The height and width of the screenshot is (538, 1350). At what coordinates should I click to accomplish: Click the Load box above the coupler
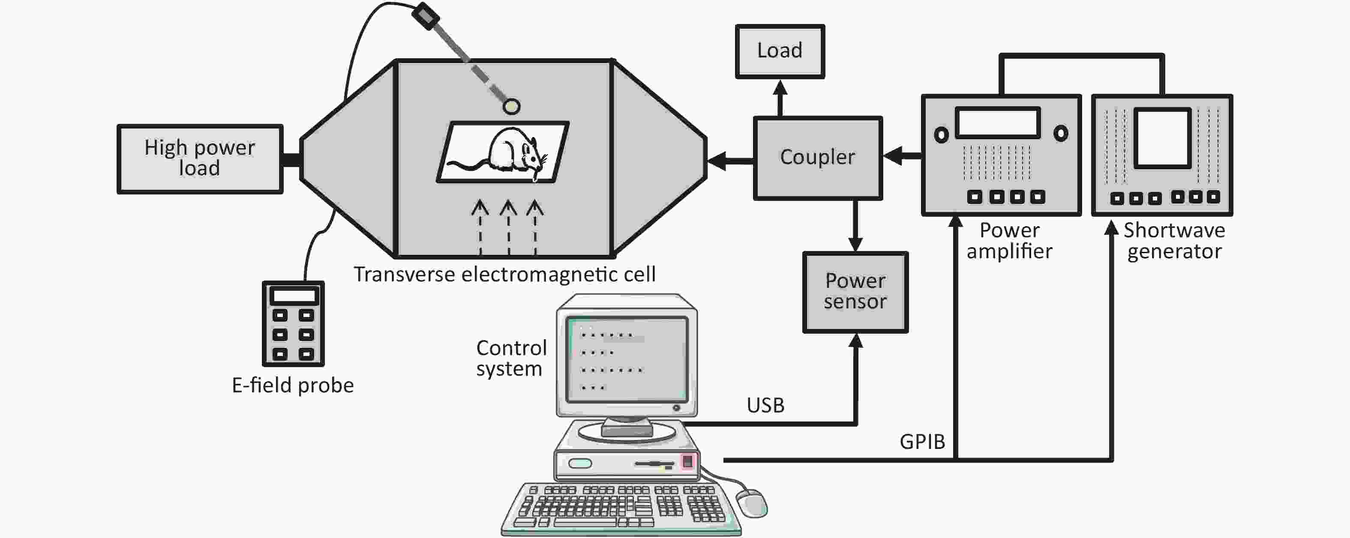(x=780, y=51)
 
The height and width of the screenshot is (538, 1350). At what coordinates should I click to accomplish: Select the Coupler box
(x=818, y=158)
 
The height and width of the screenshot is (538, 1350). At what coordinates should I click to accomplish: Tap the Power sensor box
(x=855, y=292)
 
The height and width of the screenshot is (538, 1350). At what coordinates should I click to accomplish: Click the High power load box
(x=200, y=159)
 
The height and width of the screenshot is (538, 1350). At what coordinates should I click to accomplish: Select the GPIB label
(x=922, y=442)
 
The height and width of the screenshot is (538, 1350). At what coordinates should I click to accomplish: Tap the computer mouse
(x=752, y=502)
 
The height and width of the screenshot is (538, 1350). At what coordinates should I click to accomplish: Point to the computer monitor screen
(x=627, y=359)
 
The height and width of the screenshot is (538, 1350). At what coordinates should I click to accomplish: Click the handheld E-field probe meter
(x=293, y=323)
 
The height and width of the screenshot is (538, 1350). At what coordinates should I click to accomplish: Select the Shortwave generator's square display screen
(x=1162, y=138)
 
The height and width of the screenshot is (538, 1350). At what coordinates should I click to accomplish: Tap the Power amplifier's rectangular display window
(x=998, y=123)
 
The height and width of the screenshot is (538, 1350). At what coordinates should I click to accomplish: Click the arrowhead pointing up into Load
(x=780, y=87)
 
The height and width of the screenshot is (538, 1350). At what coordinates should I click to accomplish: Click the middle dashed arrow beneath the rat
(x=508, y=227)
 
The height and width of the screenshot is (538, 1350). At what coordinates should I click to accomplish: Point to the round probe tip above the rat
(x=511, y=106)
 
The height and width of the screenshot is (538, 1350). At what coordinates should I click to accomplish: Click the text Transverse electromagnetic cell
(x=504, y=275)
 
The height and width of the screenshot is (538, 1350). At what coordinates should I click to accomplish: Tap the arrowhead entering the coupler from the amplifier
(x=892, y=155)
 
